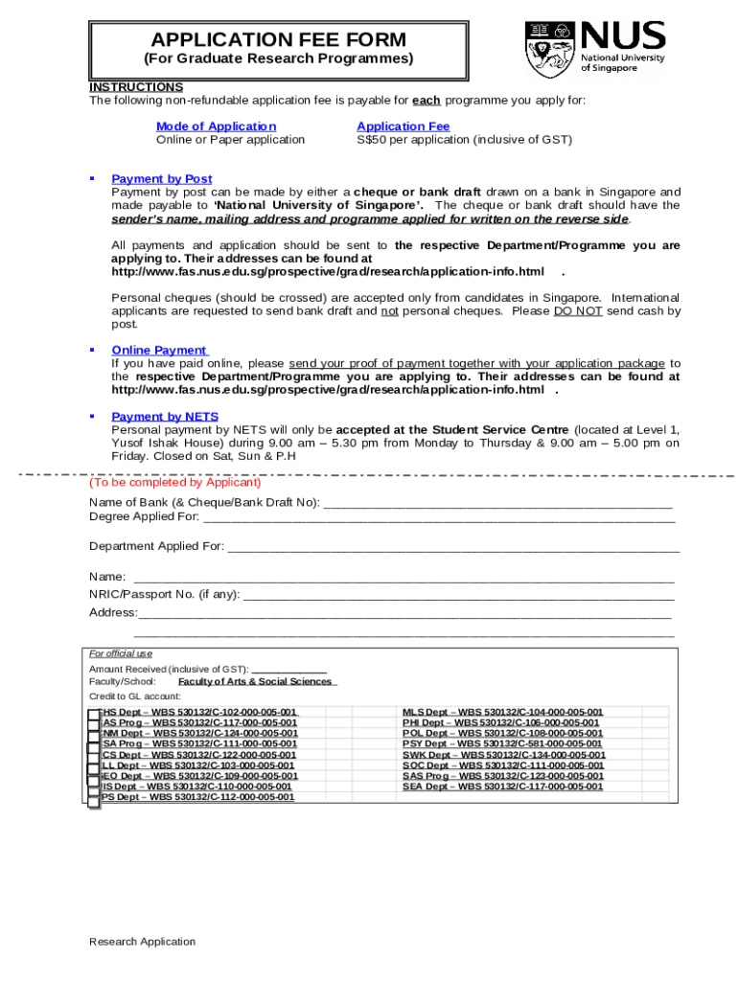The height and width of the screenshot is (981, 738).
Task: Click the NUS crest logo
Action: [551, 48]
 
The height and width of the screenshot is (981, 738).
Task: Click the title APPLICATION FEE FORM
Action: [278, 39]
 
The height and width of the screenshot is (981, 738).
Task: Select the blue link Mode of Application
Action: [216, 126]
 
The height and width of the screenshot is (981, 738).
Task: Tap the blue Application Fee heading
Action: [403, 126]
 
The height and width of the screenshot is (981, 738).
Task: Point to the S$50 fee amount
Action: [371, 140]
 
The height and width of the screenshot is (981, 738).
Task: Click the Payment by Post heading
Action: [162, 179]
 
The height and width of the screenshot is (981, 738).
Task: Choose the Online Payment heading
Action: [159, 351]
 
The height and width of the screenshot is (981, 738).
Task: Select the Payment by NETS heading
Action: [165, 417]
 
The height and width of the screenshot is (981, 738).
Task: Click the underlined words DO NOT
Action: [578, 311]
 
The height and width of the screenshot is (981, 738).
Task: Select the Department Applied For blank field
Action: [452, 548]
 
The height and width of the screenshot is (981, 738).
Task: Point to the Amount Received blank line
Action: [288, 670]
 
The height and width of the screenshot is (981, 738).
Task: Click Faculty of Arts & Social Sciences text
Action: [255, 682]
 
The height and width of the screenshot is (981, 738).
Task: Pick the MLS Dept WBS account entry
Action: [502, 713]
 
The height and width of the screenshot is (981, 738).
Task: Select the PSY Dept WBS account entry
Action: [502, 744]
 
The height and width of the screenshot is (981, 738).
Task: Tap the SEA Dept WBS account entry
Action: [502, 787]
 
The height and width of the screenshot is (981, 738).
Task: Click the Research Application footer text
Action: [142, 942]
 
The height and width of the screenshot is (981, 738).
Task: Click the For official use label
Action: [121, 654]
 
